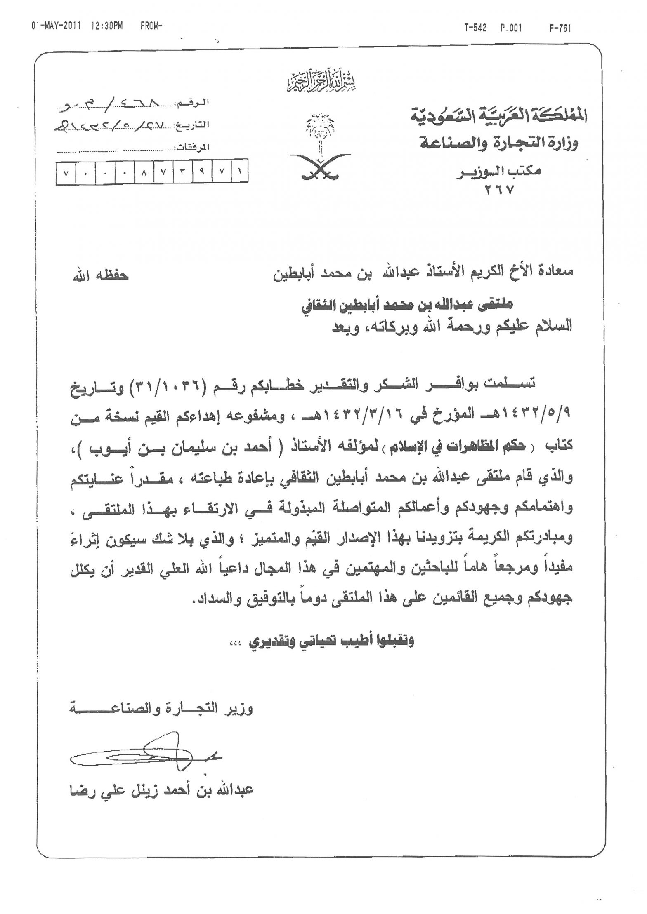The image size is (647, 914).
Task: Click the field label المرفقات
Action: (194, 147)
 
